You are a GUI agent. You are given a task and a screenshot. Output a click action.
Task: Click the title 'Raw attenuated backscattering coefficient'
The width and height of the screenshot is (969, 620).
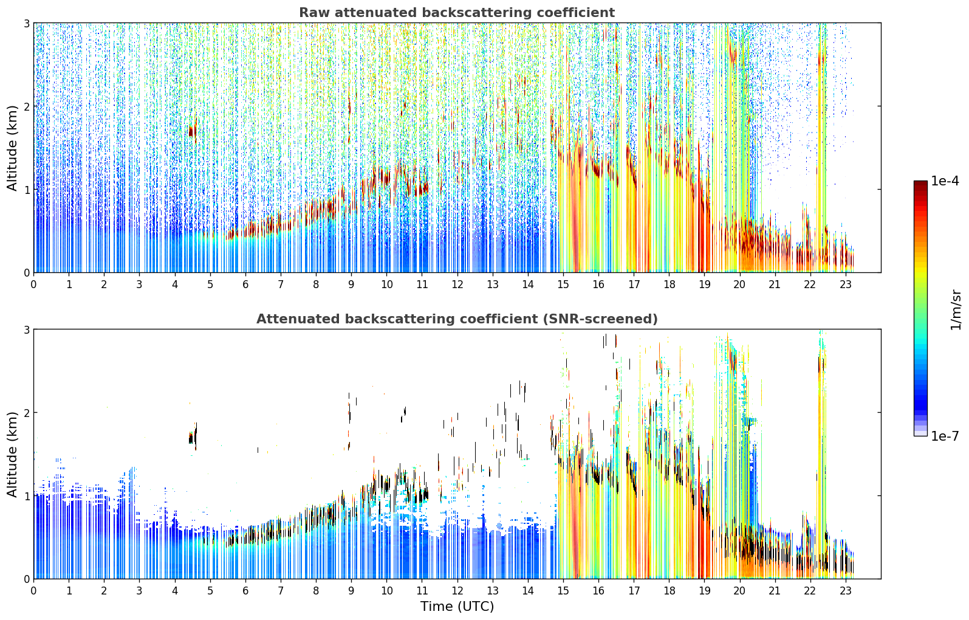[x=457, y=12]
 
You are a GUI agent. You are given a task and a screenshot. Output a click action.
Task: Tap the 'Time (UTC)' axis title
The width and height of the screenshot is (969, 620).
[x=457, y=606]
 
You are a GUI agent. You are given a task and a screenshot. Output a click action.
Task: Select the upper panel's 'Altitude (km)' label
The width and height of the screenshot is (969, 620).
[x=12, y=148]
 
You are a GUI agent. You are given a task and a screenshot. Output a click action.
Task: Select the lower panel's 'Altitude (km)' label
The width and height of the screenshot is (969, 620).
[x=12, y=454]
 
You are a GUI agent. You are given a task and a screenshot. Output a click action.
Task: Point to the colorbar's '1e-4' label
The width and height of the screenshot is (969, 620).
[x=945, y=181]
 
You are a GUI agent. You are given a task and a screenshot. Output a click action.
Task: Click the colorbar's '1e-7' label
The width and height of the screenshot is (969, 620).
[x=945, y=436]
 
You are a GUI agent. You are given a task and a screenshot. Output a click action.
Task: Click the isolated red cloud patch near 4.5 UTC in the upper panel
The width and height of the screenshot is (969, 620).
[x=193, y=130]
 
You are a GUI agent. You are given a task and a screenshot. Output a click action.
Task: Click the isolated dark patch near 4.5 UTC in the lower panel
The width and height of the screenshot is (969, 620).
[x=193, y=436]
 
